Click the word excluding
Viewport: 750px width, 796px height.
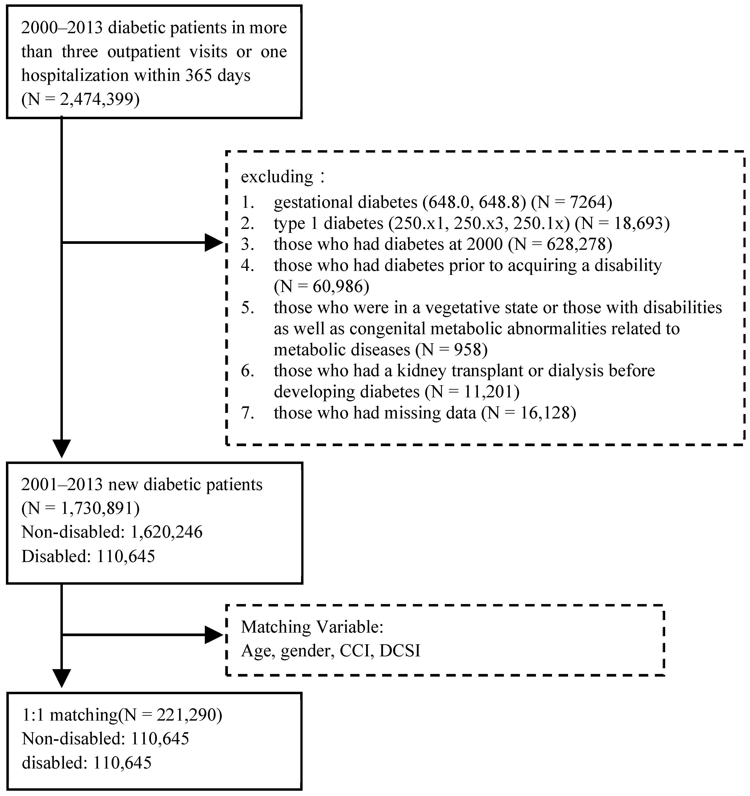[x=277, y=177]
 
